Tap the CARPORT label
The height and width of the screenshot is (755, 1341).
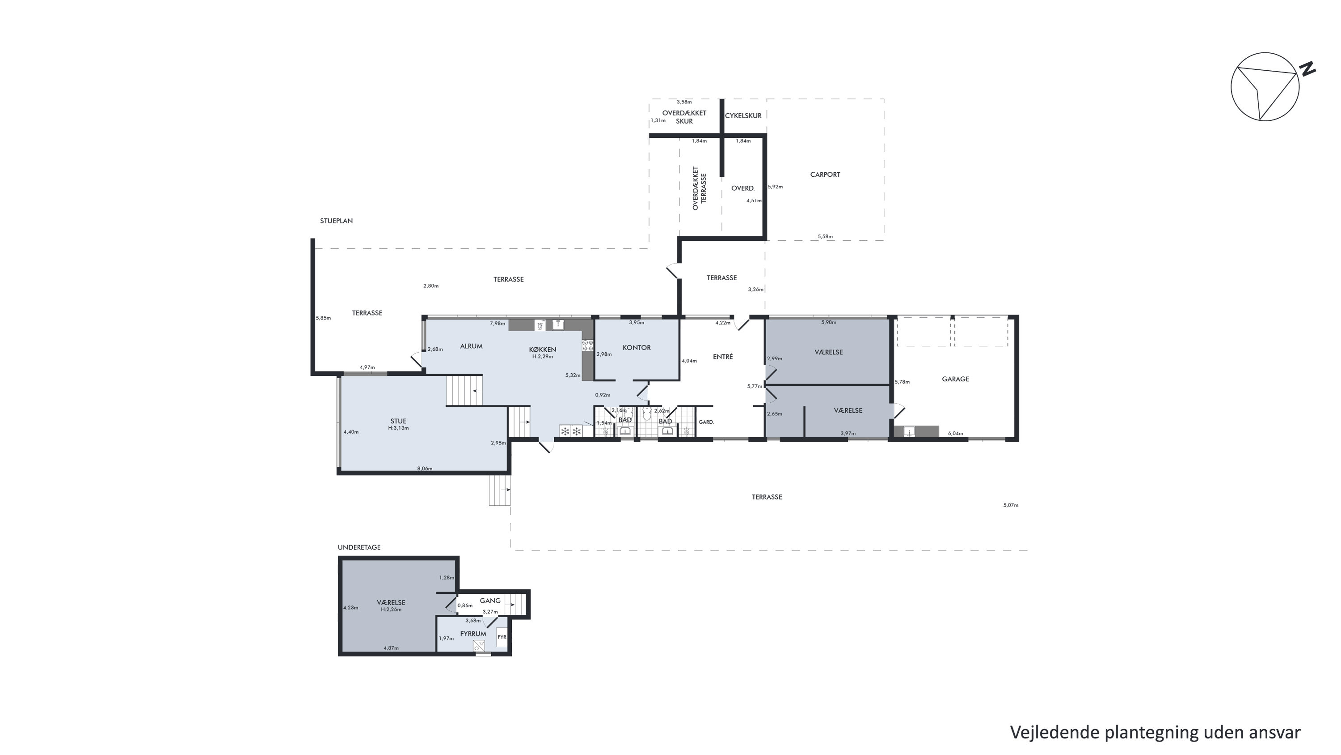(x=825, y=175)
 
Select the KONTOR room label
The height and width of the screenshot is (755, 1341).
(x=637, y=348)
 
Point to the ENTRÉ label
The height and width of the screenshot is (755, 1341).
(x=722, y=356)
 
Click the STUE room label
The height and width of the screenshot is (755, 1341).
(x=398, y=421)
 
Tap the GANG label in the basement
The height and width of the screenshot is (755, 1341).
(x=490, y=601)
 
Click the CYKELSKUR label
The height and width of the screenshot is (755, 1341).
(x=743, y=115)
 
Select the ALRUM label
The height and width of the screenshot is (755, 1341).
(x=471, y=346)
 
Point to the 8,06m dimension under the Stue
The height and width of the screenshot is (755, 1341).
(x=425, y=469)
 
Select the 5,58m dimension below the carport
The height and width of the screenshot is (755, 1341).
(x=825, y=237)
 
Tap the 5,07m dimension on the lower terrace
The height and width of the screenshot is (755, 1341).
(x=1010, y=505)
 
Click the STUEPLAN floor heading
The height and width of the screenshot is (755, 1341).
(x=336, y=221)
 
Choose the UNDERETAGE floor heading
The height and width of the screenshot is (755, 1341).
(x=359, y=547)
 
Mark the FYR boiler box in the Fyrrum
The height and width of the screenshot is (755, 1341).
(x=502, y=637)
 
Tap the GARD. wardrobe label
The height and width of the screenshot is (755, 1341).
(x=706, y=422)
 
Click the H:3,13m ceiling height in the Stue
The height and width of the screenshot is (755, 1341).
(x=398, y=428)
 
